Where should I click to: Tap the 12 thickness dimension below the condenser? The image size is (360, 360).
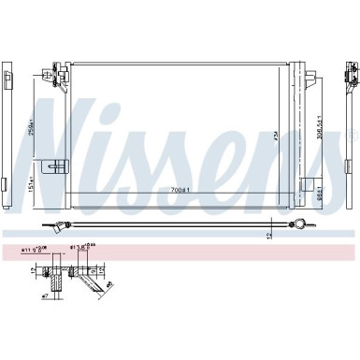pos(270,235)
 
